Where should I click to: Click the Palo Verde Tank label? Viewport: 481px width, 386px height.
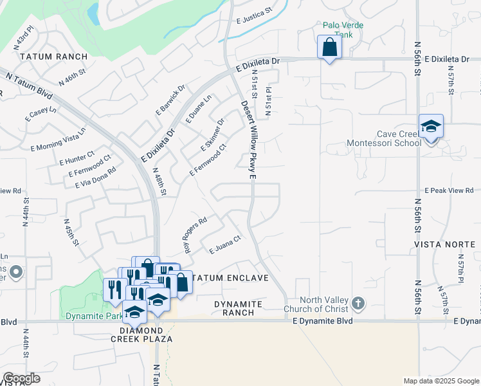[x=343, y=30]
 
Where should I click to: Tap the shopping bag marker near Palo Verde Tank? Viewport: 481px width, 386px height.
[x=329, y=48]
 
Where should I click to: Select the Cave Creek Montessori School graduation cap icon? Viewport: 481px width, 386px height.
[x=431, y=125]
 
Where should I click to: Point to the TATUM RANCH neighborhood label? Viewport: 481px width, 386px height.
[x=53, y=57]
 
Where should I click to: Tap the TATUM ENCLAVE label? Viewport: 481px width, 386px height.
[x=231, y=278]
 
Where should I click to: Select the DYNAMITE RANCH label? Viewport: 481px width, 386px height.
[x=238, y=308]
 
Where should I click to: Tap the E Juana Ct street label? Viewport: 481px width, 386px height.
[x=224, y=243]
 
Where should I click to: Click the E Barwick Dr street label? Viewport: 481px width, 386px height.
[x=170, y=100]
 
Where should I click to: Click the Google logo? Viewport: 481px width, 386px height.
[x=21, y=378]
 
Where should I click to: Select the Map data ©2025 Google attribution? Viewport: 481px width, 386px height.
[x=441, y=381]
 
